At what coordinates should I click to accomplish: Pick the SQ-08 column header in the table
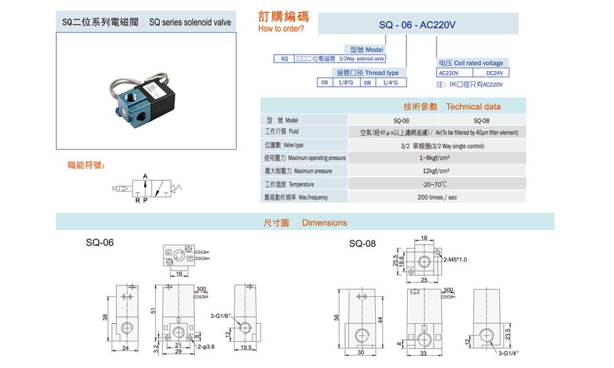(481, 120)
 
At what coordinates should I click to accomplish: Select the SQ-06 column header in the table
(401, 120)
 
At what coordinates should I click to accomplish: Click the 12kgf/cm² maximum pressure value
(437, 171)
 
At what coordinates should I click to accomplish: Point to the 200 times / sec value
(437, 197)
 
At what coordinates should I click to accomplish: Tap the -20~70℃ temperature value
(437, 185)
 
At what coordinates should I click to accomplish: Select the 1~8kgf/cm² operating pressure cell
(437, 158)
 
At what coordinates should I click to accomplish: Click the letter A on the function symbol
(145, 176)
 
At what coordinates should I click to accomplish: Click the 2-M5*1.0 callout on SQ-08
(455, 259)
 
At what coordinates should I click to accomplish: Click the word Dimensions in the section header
(324, 223)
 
